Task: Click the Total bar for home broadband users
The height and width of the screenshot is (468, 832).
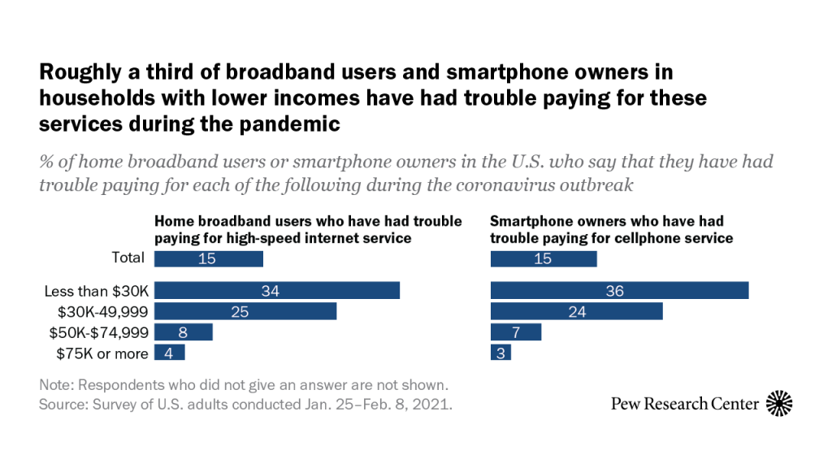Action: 209,259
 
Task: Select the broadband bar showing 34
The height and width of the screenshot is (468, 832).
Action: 277,291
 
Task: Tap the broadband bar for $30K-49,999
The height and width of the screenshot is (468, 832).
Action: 245,311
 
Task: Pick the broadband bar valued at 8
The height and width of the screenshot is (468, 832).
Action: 183,331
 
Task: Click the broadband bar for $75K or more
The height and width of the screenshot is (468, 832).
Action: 170,353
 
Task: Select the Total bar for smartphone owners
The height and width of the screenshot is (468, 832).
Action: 544,259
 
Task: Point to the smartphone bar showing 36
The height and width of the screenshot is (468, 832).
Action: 619,291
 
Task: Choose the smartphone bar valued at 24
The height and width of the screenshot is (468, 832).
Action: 577,311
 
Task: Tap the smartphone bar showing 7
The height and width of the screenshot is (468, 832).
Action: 516,331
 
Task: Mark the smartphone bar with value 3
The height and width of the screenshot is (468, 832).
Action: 501,353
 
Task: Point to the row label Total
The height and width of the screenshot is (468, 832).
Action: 128,258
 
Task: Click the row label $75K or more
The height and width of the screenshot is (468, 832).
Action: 102,353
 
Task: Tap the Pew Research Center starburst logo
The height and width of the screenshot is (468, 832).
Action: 779,403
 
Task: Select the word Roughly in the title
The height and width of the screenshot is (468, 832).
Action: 75,73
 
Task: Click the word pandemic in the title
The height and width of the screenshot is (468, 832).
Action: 287,125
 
